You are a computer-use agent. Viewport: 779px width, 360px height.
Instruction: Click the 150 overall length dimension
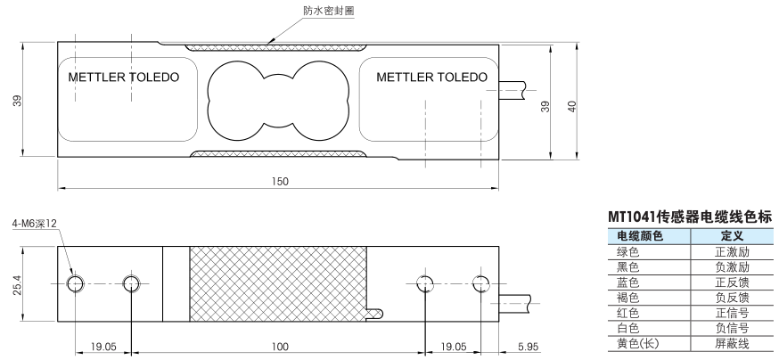click(280, 182)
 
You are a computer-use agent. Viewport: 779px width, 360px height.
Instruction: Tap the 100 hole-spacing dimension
click(280, 346)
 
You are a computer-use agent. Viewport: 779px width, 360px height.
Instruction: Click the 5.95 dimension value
click(527, 346)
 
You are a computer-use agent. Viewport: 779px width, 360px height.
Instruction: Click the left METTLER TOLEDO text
click(123, 78)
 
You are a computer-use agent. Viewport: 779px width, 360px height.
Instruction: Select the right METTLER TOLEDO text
click(431, 78)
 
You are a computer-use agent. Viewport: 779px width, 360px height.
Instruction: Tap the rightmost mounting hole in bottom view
click(481, 283)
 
